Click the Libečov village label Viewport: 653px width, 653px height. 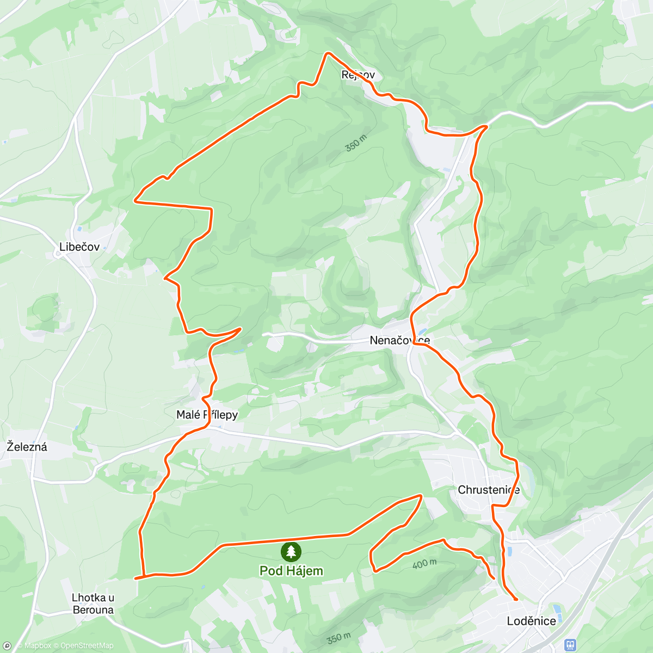tap(79, 247)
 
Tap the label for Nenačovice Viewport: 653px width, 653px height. tap(399, 341)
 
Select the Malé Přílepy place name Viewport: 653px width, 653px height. tap(207, 415)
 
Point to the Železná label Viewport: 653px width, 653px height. tap(27, 447)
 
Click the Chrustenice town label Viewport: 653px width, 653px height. tap(489, 490)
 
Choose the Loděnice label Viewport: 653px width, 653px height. tap(531, 621)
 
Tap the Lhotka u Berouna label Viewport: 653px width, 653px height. tap(93, 603)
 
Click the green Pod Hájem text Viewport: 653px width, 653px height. tap(291, 571)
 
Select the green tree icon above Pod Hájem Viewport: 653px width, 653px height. tap(291, 552)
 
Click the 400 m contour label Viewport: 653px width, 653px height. tap(424, 564)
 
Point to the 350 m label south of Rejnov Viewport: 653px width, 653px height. tap(356, 143)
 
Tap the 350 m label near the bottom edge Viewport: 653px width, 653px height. tap(339, 638)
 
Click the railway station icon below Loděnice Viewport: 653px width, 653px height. tap(570, 645)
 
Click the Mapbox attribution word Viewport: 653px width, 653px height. tap(38, 646)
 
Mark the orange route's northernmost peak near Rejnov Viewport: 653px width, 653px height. tap(328, 53)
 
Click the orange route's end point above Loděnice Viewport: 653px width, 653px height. tap(515, 599)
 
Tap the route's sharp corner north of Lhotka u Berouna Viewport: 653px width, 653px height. tap(137, 578)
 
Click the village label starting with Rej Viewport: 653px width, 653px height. tap(358, 75)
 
